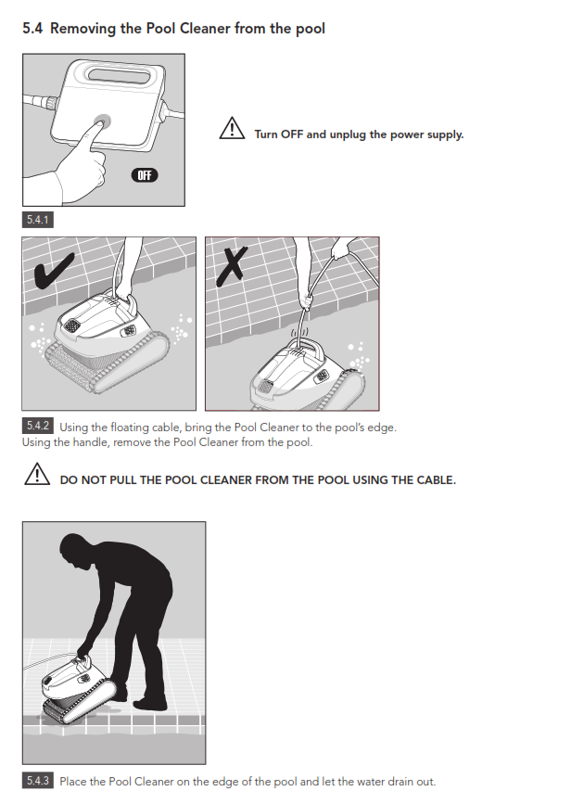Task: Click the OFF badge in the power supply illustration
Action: click(145, 175)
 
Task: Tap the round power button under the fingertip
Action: click(103, 122)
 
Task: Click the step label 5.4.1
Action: click(37, 220)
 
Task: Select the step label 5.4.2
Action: click(37, 426)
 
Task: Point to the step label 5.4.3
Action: click(37, 781)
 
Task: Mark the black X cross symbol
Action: click(232, 265)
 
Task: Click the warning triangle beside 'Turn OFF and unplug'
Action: click(232, 128)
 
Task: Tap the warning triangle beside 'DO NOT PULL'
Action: click(37, 474)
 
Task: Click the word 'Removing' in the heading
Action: click(83, 29)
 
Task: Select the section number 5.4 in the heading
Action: click(32, 28)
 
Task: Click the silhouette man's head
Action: click(73, 549)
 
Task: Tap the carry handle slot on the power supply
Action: click(120, 75)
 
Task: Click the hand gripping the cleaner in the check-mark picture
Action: click(124, 292)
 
